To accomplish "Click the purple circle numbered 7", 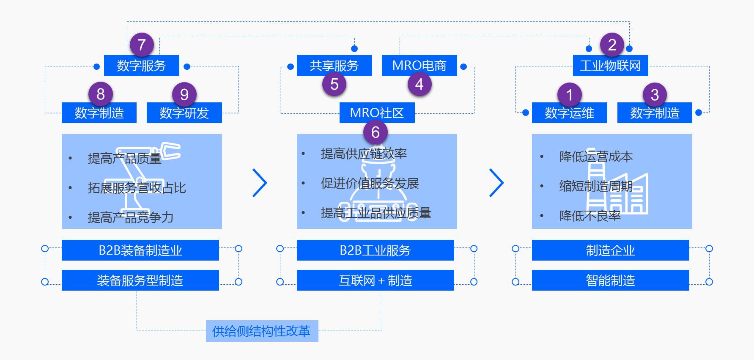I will [142, 45].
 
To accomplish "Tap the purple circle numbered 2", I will [612, 45].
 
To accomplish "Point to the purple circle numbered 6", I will [375, 132].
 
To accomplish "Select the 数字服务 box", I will [142, 66].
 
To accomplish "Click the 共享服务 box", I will [334, 66].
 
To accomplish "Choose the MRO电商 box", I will [419, 66].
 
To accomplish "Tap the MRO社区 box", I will [377, 113].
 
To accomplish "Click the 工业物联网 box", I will [610, 66].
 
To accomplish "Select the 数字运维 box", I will [569, 113].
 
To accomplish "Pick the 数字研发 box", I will [184, 113].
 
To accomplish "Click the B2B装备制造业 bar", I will [140, 250].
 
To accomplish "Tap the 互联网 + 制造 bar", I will [375, 280].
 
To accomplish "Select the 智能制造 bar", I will [610, 280].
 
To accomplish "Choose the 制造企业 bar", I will [610, 250].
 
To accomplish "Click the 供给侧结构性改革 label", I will [262, 331].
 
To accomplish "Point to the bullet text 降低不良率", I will [590, 216].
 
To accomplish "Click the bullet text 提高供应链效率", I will [364, 154].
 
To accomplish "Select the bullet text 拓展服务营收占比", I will [137, 188].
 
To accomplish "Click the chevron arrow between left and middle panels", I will [260, 183].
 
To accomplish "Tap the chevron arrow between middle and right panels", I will [496, 183].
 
